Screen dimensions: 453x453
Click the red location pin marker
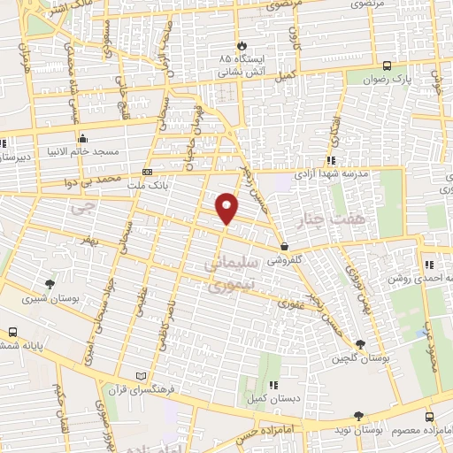click(x=227, y=208)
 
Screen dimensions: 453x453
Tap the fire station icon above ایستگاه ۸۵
click(x=240, y=43)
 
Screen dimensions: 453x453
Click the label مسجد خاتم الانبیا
click(x=83, y=150)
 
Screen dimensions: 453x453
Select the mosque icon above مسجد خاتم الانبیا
click(x=83, y=137)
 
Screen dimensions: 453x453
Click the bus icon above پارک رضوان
click(x=387, y=65)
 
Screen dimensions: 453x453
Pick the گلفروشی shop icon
click(x=284, y=246)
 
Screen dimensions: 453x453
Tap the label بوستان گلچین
click(x=357, y=358)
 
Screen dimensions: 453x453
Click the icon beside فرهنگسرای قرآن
click(x=133, y=376)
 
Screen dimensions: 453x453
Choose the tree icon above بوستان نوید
click(x=357, y=415)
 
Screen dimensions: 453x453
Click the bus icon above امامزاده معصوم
click(x=429, y=417)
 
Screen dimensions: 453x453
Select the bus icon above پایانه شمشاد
click(x=12, y=332)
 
